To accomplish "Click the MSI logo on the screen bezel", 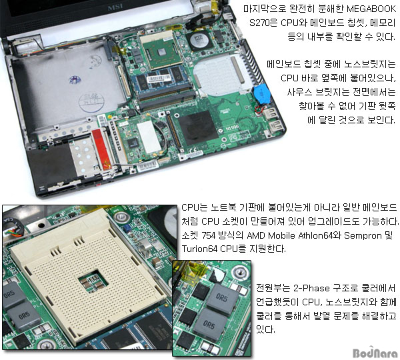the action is (x=116, y=7).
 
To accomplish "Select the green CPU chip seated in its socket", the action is (x=161, y=52).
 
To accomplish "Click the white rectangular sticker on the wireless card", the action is (x=149, y=137).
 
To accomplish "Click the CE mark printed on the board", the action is (x=193, y=151).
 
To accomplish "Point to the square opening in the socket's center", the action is (x=93, y=281).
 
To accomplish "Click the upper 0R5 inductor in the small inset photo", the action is (x=221, y=297).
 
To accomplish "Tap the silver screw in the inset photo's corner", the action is (x=240, y=273).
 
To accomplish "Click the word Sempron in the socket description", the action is (x=363, y=235).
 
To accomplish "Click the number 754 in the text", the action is (x=208, y=235).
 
